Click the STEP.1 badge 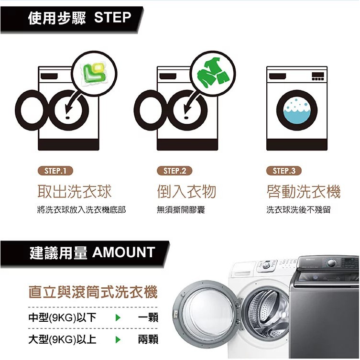pos(55,171)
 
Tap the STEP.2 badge pos(175,171)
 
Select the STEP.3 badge pos(284,171)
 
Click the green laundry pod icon pos(94,73)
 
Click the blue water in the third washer pos(297,116)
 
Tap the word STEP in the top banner pos(112,17)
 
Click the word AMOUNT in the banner pos(123,252)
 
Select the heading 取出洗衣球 pos(75,192)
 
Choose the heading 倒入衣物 pos(186,192)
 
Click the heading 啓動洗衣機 pos(304,192)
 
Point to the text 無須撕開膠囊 pos(181,209)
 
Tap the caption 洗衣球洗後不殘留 pos(298,209)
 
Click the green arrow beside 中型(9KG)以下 pos(118,318)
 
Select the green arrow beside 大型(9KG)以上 pos(118,339)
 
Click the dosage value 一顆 pos(148,318)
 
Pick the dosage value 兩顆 pos(148,339)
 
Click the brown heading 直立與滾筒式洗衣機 pos(93,292)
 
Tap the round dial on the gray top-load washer pos(331,263)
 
